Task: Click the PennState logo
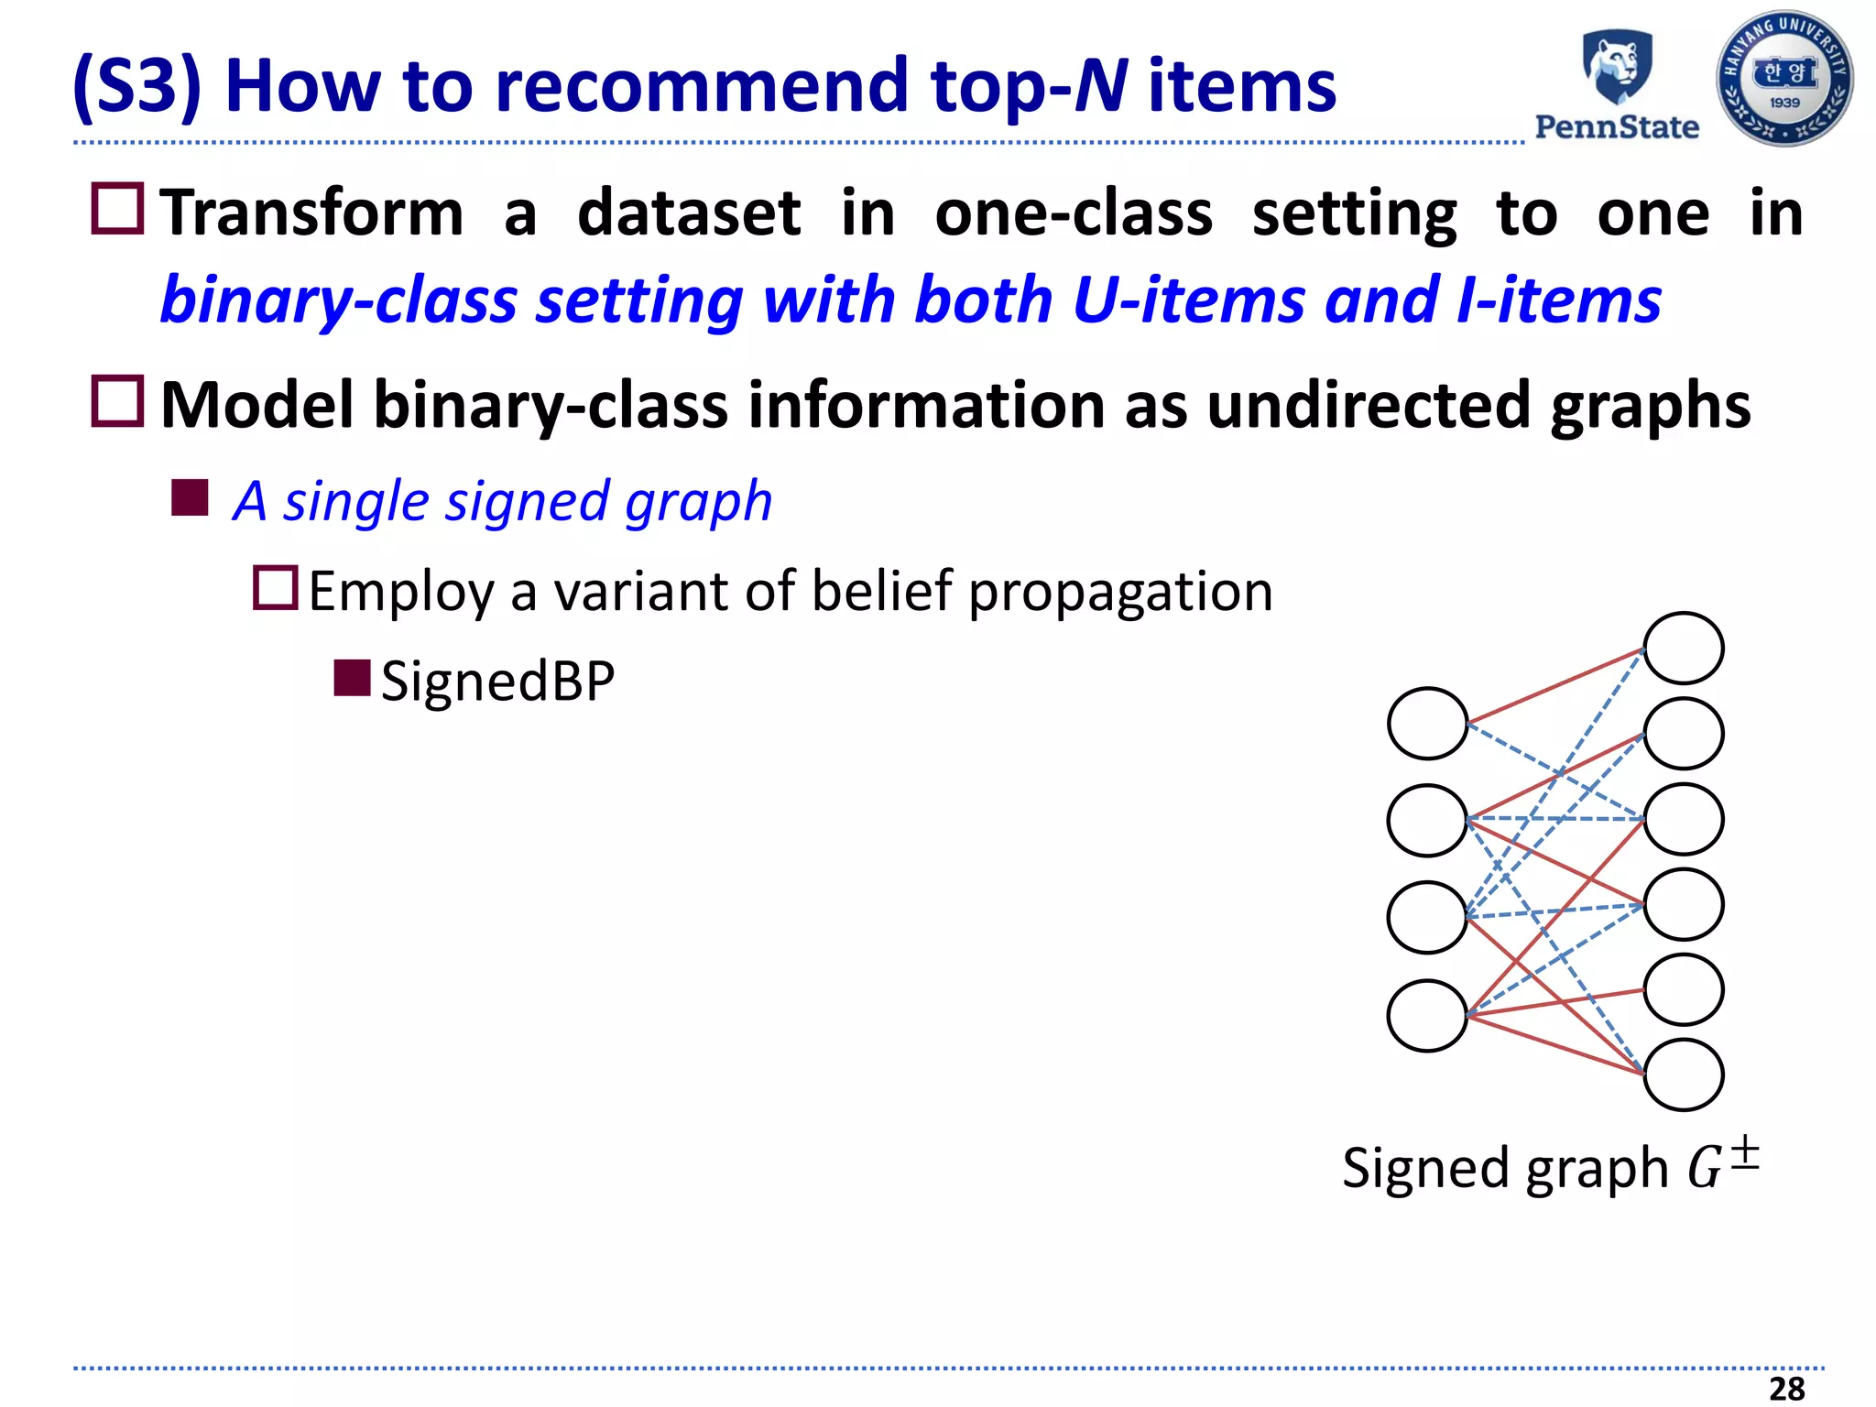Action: click(1617, 84)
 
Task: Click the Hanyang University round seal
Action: click(1783, 79)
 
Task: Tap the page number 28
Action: click(1786, 1388)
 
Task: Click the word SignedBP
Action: click(497, 681)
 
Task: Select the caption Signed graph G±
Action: click(1550, 1167)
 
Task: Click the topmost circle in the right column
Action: click(1683, 649)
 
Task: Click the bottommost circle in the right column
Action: click(1683, 1074)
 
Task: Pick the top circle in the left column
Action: click(1427, 724)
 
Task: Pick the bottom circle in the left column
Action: click(1427, 1016)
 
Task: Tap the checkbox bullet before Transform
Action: click(118, 209)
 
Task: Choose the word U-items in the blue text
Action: click(1188, 300)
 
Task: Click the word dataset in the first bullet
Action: click(689, 213)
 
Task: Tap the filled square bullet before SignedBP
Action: click(352, 678)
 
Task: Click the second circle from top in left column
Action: click(1427, 821)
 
